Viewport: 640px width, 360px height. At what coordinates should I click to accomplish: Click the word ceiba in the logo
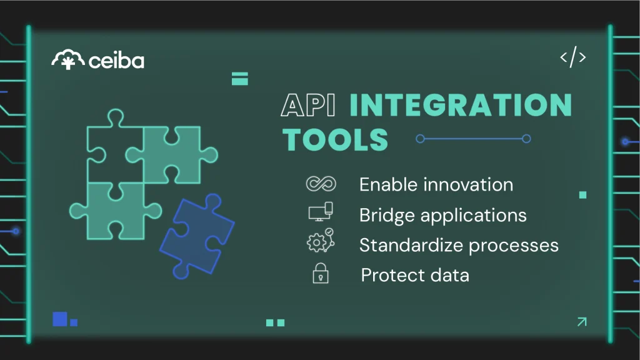point(116,61)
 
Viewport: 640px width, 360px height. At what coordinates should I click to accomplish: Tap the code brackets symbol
point(572,58)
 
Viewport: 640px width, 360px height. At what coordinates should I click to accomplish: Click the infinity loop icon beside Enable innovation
point(321,184)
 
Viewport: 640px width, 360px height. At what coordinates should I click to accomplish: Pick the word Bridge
point(387,216)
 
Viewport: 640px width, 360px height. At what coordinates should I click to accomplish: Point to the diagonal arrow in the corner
point(581,322)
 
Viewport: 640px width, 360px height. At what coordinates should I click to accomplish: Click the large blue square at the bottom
point(60,319)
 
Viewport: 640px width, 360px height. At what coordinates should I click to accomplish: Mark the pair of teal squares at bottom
point(275,322)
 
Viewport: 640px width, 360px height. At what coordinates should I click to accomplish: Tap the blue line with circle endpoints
point(473,139)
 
